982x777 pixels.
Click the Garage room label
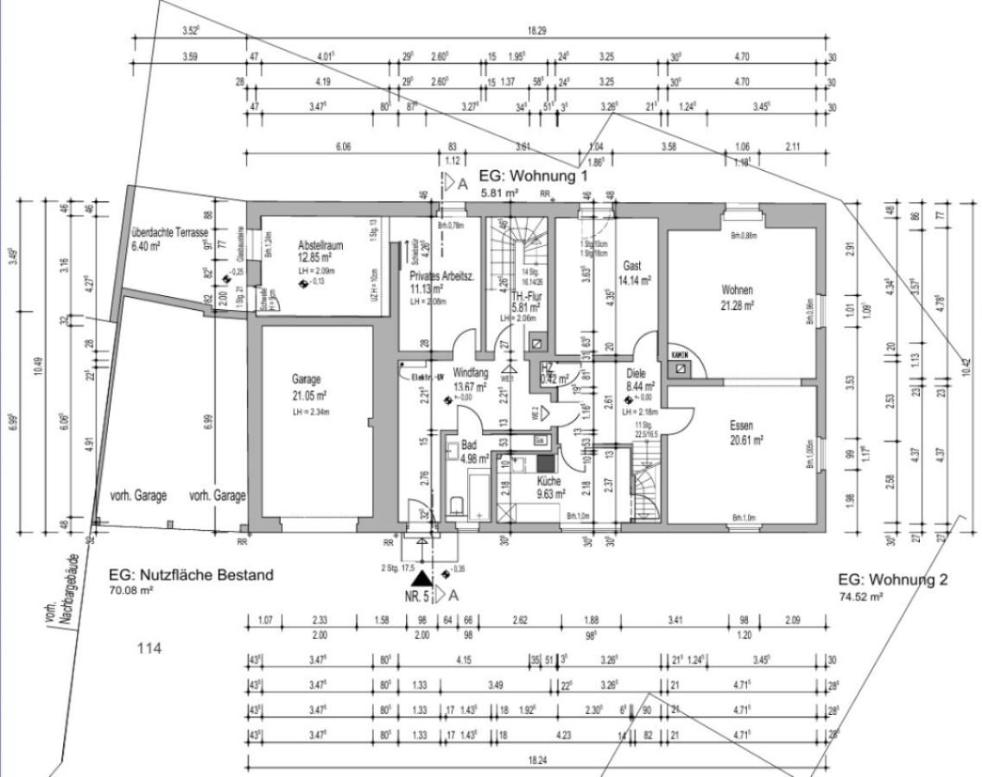[x=307, y=379]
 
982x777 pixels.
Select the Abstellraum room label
[x=320, y=245]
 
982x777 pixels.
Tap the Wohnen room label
[x=739, y=290]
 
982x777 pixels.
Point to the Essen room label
[x=741, y=426]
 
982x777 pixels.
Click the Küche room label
[x=549, y=482]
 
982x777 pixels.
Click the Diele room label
[x=635, y=376]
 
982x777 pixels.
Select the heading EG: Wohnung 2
[x=892, y=579]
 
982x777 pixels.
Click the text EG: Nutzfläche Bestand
[x=191, y=575]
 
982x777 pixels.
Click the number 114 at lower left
[x=150, y=647]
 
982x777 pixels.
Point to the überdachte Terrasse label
[x=169, y=234]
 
